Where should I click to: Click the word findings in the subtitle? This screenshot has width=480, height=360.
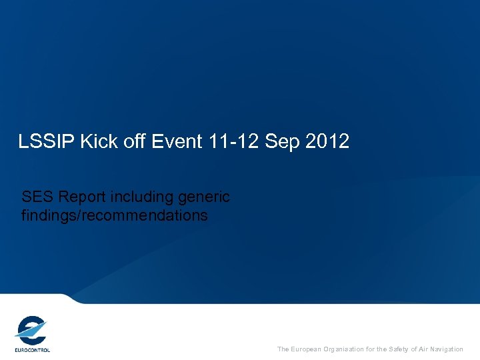49,216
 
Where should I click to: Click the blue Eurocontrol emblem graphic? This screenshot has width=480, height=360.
31,330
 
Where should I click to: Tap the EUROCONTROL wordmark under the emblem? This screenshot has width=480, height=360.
32,349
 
